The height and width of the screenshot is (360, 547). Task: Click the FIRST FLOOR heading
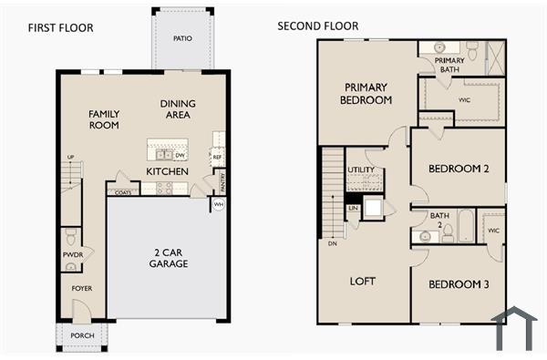click(60, 27)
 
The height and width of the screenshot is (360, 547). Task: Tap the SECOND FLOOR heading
click(318, 26)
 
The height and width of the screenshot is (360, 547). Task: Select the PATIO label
click(181, 38)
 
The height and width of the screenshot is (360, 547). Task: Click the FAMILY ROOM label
click(104, 119)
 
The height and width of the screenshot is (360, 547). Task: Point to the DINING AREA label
click(180, 109)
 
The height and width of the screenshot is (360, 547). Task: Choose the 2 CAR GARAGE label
click(169, 258)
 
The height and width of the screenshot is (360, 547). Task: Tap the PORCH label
click(82, 335)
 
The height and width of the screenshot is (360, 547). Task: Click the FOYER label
click(82, 288)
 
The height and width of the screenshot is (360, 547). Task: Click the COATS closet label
click(122, 191)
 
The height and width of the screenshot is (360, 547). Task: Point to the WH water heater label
click(218, 205)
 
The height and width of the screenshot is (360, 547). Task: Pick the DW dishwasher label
click(181, 155)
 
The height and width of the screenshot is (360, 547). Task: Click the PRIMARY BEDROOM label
click(367, 93)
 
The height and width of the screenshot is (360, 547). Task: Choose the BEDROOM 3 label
click(459, 284)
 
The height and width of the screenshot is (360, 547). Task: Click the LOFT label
click(363, 281)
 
